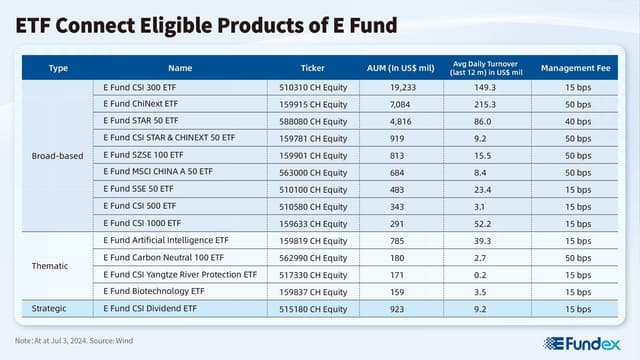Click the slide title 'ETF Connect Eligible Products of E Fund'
(206, 24)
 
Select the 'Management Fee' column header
(575, 68)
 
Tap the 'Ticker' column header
(312, 68)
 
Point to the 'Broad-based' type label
(58, 155)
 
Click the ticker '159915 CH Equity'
(313, 103)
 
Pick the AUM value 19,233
(403, 87)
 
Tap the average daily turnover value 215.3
(486, 103)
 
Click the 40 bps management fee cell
(575, 120)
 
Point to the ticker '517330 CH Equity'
(313, 274)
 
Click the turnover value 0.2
(486, 274)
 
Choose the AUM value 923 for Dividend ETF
(403, 308)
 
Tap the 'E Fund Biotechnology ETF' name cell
(153, 291)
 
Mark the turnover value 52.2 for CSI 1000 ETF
(486, 222)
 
